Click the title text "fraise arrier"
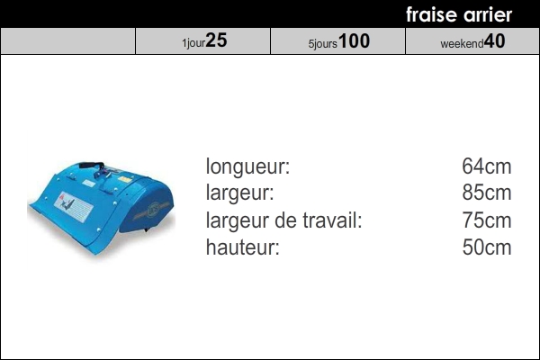click(459, 14)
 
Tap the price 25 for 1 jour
click(217, 40)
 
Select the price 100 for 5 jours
click(354, 40)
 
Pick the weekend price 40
click(494, 41)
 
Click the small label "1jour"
click(193, 43)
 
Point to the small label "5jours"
click(323, 44)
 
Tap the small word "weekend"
click(463, 44)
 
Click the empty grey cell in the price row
click(67, 41)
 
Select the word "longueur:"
click(248, 166)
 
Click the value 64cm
click(487, 166)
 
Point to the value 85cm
click(487, 193)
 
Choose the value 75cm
click(487, 220)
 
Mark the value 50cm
click(487, 247)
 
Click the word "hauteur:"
click(243, 247)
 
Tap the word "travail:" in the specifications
click(332, 220)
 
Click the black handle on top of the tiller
click(92, 165)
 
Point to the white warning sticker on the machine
click(74, 207)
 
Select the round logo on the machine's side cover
click(153, 210)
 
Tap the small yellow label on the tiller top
click(125, 179)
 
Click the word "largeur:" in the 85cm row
click(239, 193)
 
